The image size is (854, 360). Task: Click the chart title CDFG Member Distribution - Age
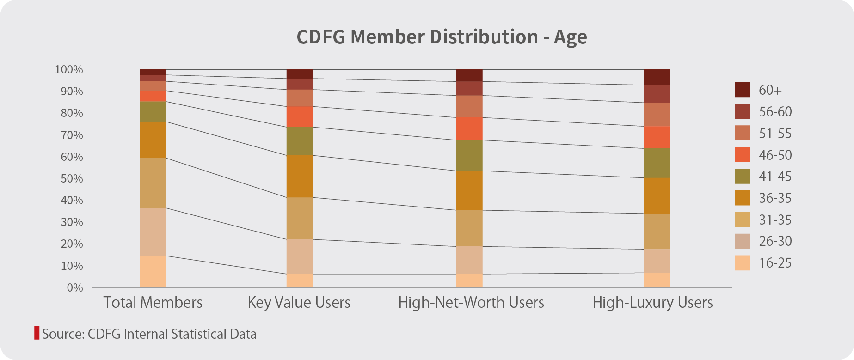pyautogui.click(x=442, y=37)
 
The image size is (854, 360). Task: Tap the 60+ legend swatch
pyautogui.click(x=742, y=90)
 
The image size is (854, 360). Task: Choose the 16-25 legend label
pyautogui.click(x=775, y=263)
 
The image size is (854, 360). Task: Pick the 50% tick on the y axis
pyautogui.click(x=72, y=179)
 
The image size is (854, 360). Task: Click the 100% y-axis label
pyautogui.click(x=69, y=70)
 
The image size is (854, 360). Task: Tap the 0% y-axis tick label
pyautogui.click(x=74, y=288)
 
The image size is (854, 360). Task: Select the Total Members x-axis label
pyautogui.click(x=153, y=303)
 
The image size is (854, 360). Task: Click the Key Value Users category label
pyautogui.click(x=299, y=303)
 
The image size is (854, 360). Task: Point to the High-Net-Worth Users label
pyautogui.click(x=471, y=303)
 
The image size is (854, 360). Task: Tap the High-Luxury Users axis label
pyautogui.click(x=652, y=303)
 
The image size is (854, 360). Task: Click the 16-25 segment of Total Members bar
pyautogui.click(x=153, y=271)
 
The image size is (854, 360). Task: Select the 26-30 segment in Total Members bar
pyautogui.click(x=153, y=232)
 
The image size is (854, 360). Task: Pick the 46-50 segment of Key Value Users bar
pyautogui.click(x=300, y=116)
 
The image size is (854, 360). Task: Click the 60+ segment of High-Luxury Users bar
pyautogui.click(x=657, y=77)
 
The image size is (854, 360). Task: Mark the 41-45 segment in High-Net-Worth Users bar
pyautogui.click(x=469, y=155)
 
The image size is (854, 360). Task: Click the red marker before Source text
pyautogui.click(x=37, y=333)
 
